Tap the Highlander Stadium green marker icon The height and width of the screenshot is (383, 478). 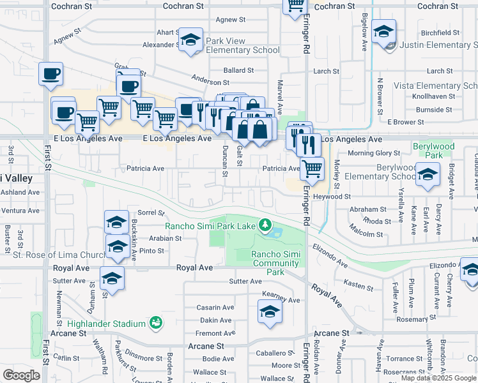pyautogui.click(x=155, y=324)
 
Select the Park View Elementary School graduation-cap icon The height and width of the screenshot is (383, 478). pyautogui.click(x=190, y=40)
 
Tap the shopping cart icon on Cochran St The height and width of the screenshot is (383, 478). pyautogui.click(x=295, y=5)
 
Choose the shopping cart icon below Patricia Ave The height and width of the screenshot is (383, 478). pyautogui.click(x=312, y=169)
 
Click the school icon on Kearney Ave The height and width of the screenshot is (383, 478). pyautogui.click(x=270, y=312)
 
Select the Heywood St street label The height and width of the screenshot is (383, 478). pyautogui.click(x=331, y=197)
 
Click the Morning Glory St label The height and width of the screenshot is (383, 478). pyautogui.click(x=374, y=153)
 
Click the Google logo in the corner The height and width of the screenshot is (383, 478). pyautogui.click(x=21, y=375)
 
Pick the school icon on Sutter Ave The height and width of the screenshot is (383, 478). pyautogui.click(x=111, y=279)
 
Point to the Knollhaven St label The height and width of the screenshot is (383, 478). pyautogui.click(x=433, y=97)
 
